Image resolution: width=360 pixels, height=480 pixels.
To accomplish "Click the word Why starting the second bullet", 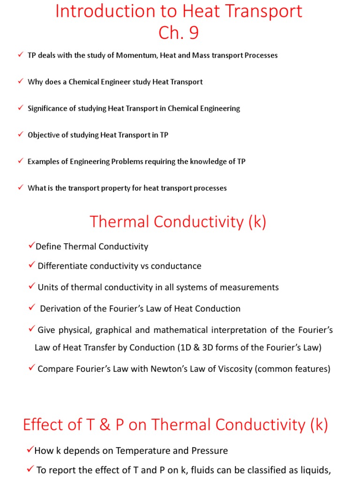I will coord(35,82).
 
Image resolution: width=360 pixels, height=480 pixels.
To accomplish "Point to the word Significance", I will coord(47,108).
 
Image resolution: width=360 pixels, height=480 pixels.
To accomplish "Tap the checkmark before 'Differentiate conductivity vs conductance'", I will coord(31,266).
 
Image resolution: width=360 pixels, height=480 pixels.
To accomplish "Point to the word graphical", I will coord(116,330).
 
